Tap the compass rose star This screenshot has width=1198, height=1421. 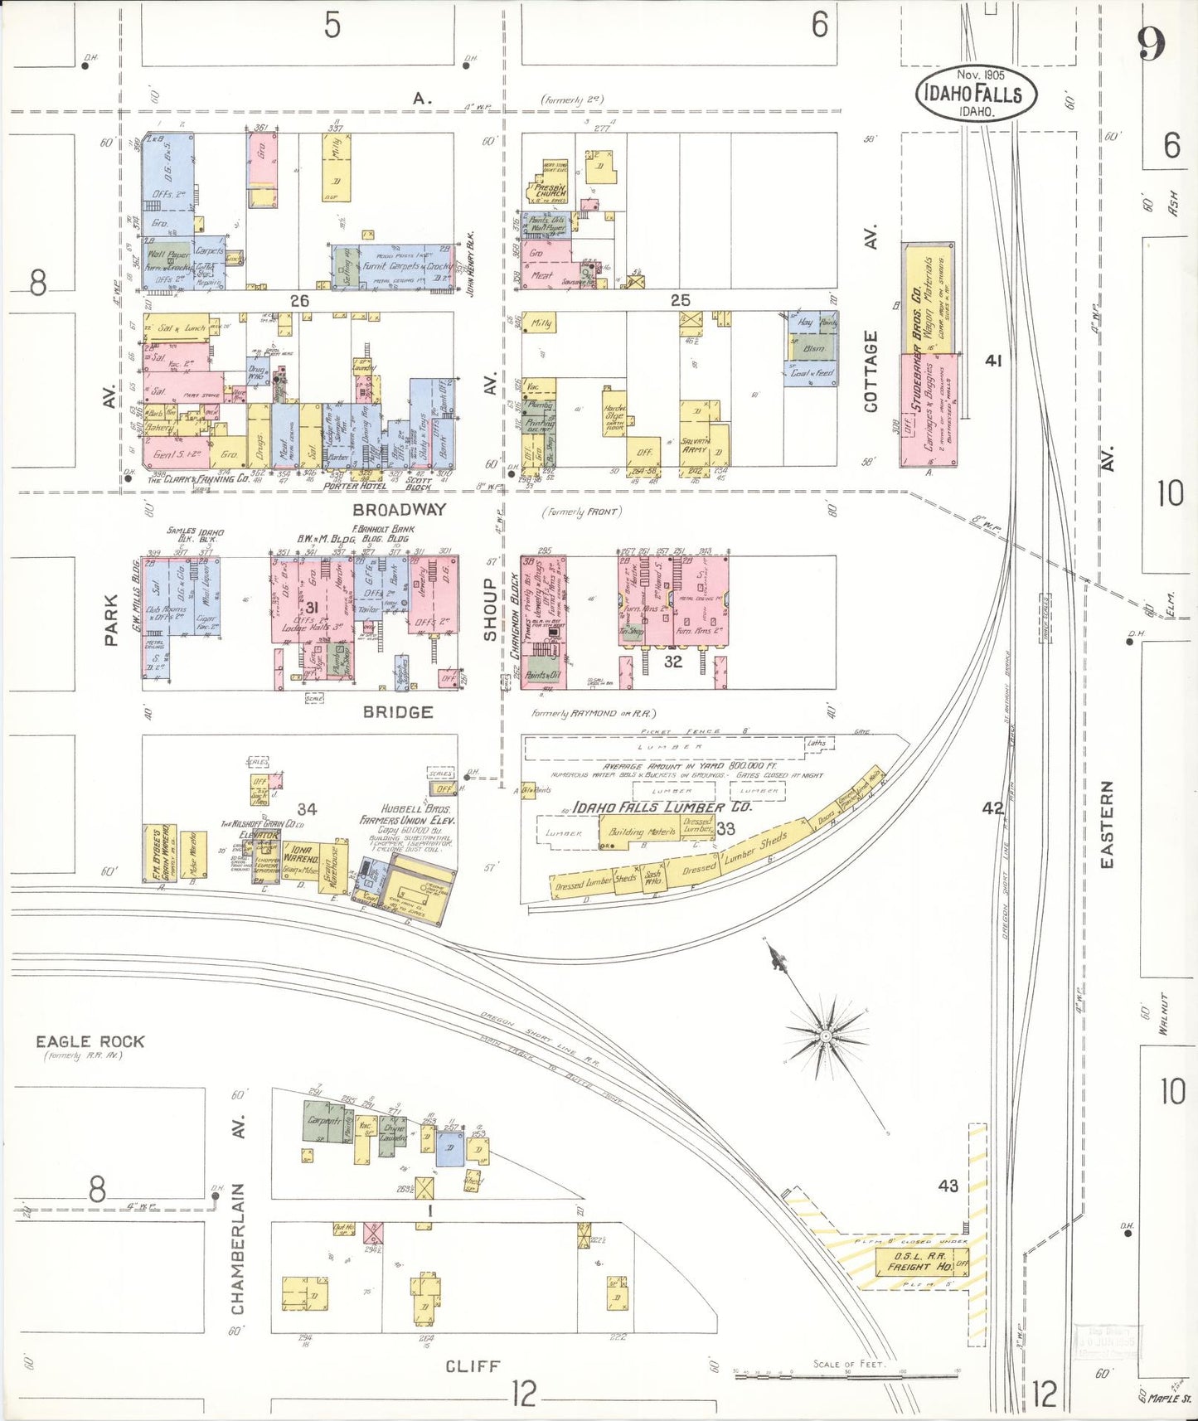pos(826,1036)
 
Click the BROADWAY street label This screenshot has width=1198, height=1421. pos(399,509)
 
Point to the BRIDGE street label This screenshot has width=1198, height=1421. pos(398,711)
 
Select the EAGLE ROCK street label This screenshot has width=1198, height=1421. pos(90,1041)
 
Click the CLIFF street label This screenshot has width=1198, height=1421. pos(473,1365)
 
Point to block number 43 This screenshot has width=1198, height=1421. pos(948,1186)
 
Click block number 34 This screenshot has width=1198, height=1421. pos(307,808)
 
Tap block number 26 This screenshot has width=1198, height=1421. pos(299,301)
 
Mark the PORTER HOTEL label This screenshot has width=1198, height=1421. pos(356,486)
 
